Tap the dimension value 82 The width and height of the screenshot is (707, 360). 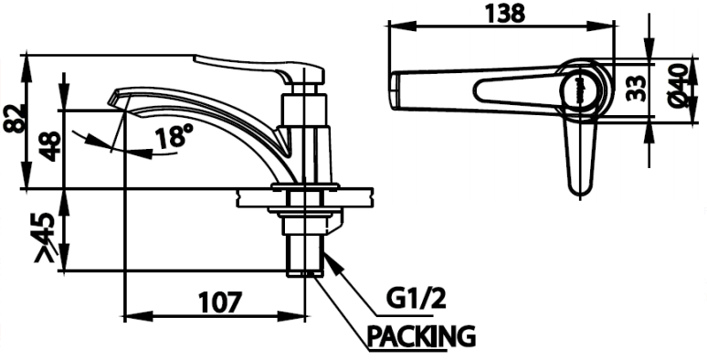14,118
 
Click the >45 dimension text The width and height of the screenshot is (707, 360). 45,237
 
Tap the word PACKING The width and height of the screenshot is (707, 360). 421,335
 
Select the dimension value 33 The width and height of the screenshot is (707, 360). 637,88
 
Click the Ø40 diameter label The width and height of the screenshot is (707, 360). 678,86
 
